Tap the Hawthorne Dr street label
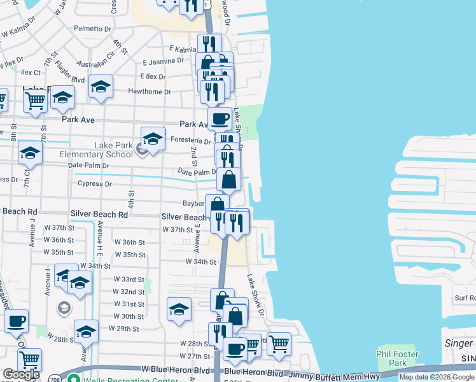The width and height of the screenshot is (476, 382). pos(150,92)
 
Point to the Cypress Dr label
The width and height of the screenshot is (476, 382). pos(94,184)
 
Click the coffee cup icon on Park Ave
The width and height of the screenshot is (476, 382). pos(220,118)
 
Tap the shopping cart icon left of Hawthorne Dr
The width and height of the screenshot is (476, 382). pos(35,99)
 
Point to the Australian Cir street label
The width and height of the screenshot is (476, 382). pos(96,65)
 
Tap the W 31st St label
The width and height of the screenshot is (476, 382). pos(129,304)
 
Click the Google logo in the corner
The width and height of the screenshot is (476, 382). pos(21,374)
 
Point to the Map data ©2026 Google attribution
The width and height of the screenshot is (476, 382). pos(437,377)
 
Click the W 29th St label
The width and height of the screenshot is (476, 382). pos(123,328)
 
